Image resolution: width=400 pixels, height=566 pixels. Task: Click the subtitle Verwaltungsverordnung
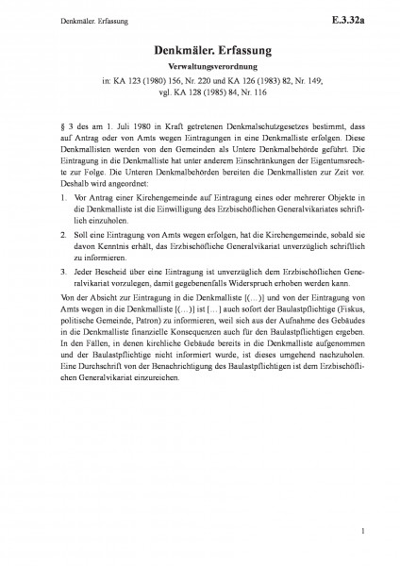pyautogui.click(x=200, y=69)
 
